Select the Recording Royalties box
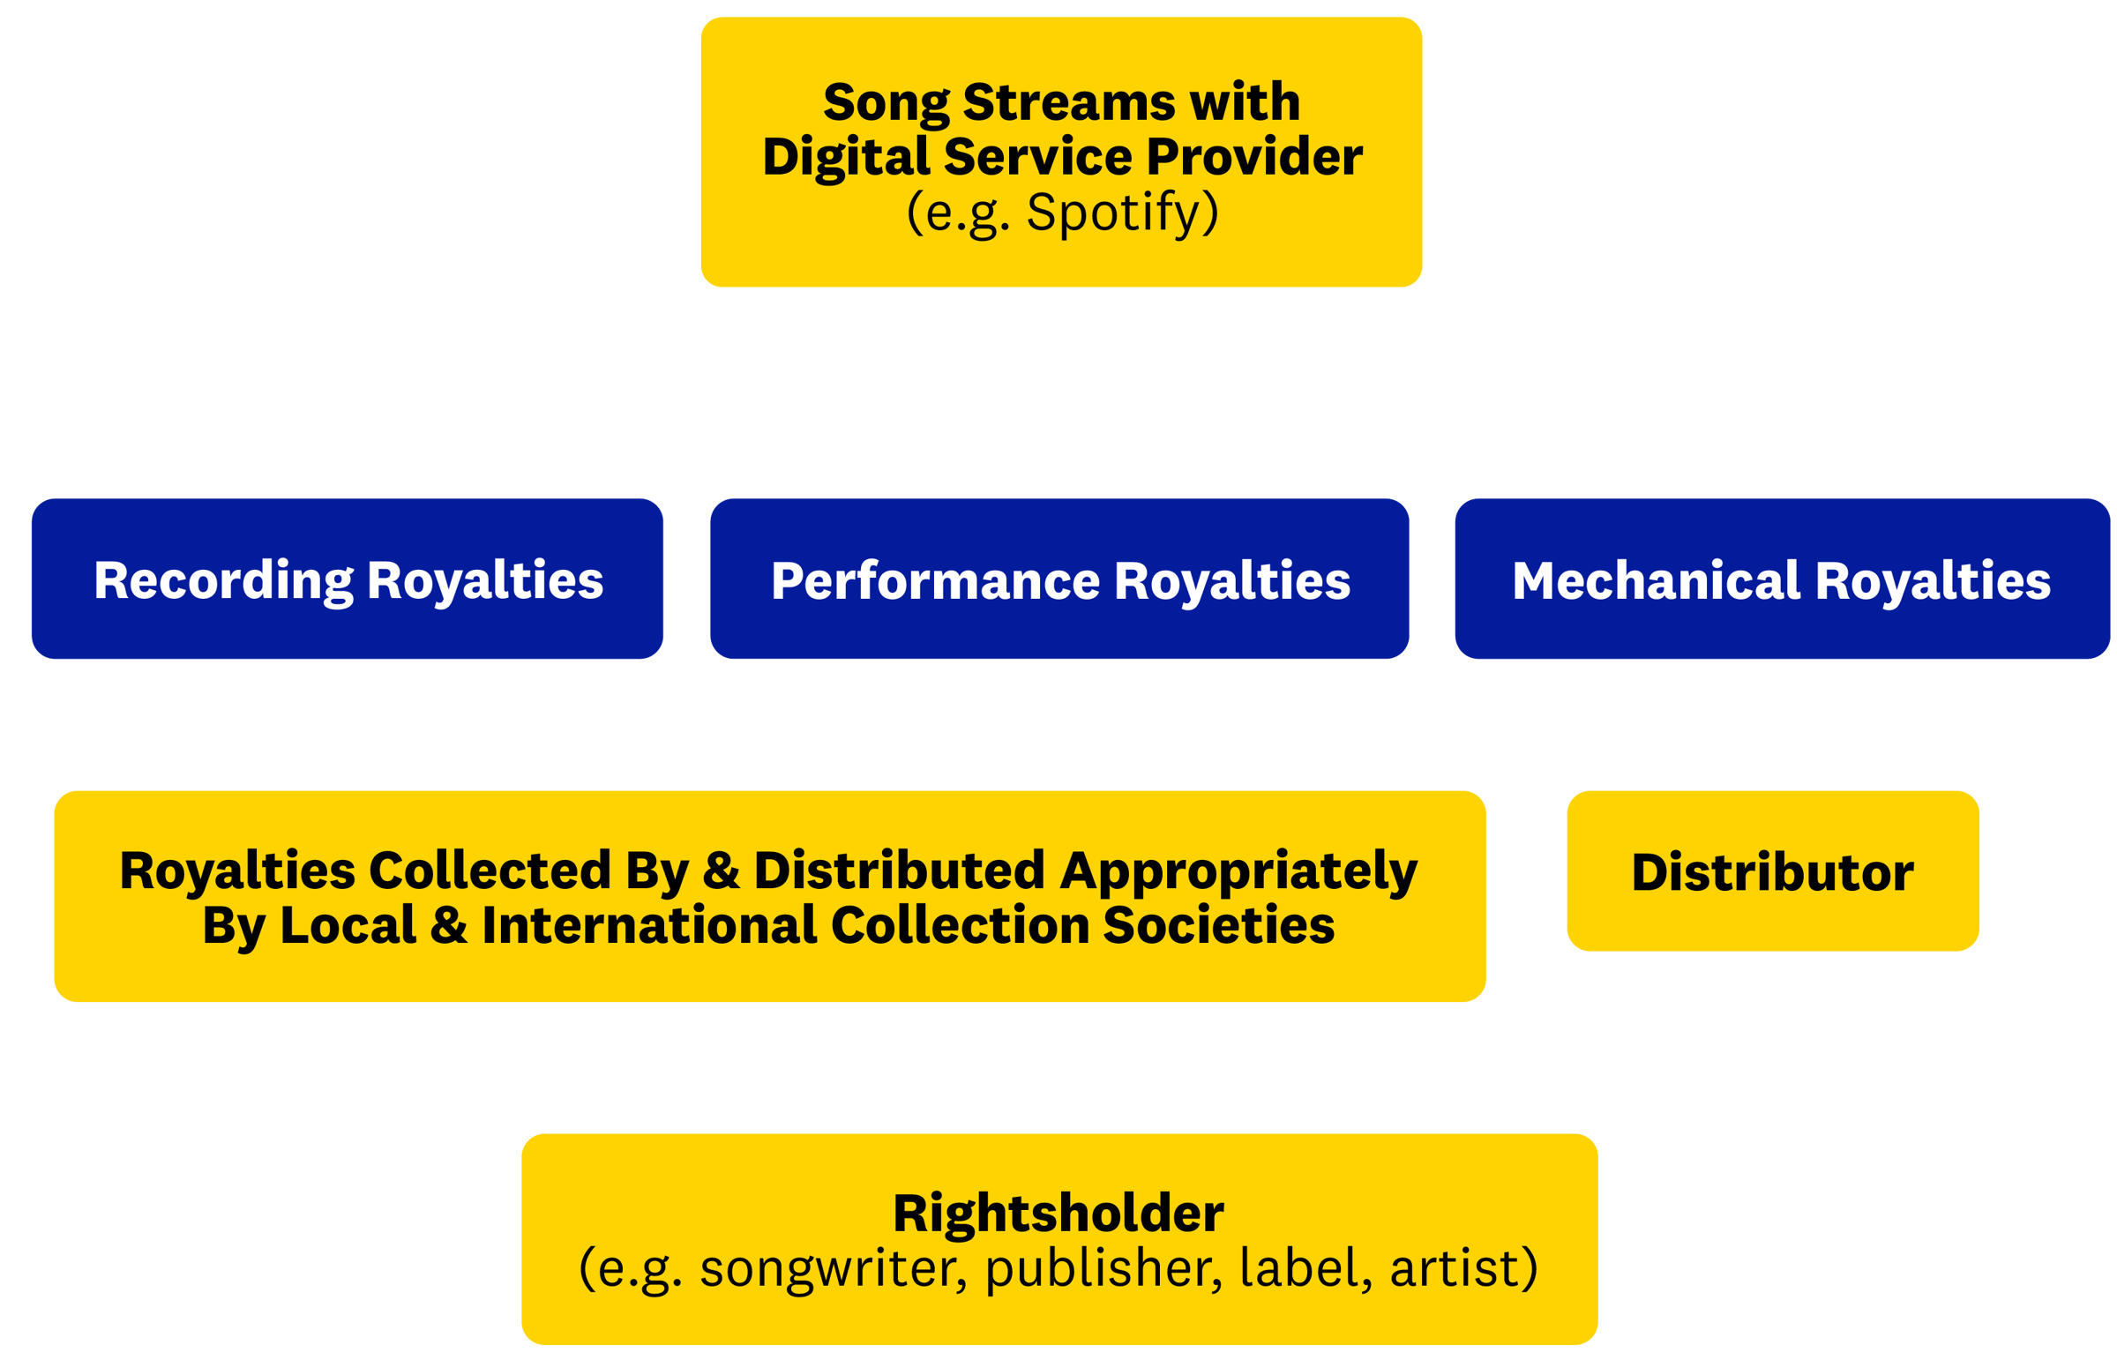(347, 579)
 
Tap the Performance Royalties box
(1059, 579)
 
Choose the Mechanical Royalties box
(1782, 579)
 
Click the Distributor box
(1773, 871)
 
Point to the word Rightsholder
(1058, 1214)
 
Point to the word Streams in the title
(1070, 102)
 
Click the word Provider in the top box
(1254, 157)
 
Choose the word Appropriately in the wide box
(1238, 871)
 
